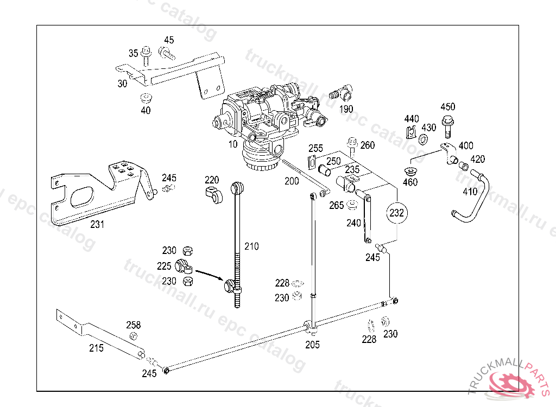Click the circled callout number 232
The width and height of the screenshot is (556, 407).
[397, 213]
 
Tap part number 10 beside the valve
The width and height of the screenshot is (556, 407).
[233, 144]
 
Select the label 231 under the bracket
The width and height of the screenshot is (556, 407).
[97, 224]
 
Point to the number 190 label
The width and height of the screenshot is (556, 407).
[346, 109]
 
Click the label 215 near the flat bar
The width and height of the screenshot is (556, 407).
[96, 348]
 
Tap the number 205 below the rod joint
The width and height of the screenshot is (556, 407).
[312, 345]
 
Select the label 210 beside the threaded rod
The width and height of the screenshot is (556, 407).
[251, 246]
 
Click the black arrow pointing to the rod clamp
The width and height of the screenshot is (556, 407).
[209, 274]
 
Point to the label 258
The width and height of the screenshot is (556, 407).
[134, 325]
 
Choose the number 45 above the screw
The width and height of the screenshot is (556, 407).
[169, 40]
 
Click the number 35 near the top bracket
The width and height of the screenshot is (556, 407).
[134, 53]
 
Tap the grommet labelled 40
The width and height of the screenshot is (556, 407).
[145, 99]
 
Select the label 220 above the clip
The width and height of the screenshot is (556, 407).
[212, 180]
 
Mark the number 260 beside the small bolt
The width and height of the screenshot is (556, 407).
[368, 145]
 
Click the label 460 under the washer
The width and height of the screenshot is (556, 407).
[410, 182]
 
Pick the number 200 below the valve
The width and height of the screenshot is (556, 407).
[292, 181]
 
